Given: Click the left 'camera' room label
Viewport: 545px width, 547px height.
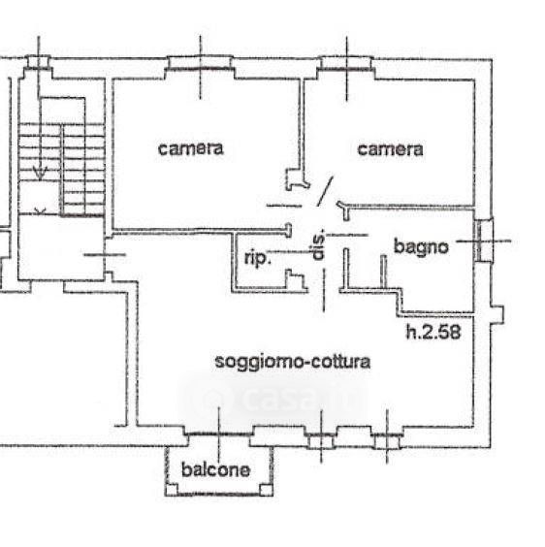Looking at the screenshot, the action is click(x=190, y=148).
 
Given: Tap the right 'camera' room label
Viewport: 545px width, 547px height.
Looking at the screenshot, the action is click(x=390, y=149).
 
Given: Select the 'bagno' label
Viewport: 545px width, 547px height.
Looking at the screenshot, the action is click(x=421, y=247).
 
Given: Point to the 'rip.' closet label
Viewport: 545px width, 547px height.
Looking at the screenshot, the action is click(x=258, y=258).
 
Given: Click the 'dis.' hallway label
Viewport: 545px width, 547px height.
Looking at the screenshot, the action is click(x=318, y=244).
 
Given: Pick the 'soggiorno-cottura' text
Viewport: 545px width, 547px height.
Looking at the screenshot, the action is click(x=293, y=362).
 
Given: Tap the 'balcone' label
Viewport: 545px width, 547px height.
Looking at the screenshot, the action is click(x=215, y=470).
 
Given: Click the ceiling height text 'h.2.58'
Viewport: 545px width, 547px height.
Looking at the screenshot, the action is click(x=433, y=332).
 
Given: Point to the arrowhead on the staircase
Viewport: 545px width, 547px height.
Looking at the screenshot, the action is click(x=40, y=172).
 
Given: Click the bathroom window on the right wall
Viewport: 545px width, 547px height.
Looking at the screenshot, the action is click(x=484, y=241).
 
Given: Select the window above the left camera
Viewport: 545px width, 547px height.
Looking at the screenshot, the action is click(x=201, y=63).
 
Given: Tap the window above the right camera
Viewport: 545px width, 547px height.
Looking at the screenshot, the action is click(x=346, y=63).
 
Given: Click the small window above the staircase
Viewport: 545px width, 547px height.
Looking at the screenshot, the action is click(x=39, y=62).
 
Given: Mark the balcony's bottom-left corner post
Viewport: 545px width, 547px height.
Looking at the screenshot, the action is click(x=171, y=490).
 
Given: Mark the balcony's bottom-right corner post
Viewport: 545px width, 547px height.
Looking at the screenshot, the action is click(x=267, y=490).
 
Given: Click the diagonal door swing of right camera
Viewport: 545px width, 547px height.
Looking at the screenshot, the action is click(x=325, y=191).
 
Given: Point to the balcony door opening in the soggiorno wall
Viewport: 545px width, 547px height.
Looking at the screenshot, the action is click(x=219, y=434).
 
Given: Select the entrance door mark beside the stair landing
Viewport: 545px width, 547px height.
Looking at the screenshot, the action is click(x=105, y=255).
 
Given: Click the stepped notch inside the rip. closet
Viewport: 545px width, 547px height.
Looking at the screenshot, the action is click(x=296, y=280).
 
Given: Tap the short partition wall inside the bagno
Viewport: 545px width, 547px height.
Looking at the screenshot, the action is click(x=383, y=272).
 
